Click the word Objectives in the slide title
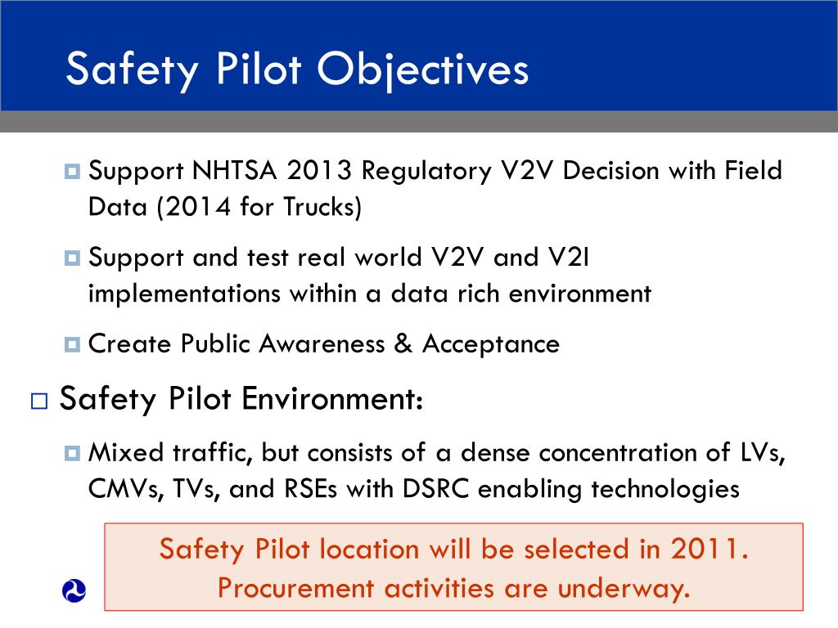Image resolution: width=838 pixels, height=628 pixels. [423, 69]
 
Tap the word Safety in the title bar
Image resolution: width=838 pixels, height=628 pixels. [129, 69]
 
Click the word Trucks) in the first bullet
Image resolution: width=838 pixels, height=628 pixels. [322, 207]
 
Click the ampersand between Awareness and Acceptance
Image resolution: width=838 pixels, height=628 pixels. [402, 343]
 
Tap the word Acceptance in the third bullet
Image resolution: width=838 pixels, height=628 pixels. [491, 343]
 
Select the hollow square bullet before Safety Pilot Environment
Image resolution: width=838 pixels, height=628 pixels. [38, 401]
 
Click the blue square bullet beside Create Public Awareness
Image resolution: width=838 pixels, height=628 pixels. [71, 344]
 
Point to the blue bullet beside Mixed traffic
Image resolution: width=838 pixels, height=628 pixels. [71, 453]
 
